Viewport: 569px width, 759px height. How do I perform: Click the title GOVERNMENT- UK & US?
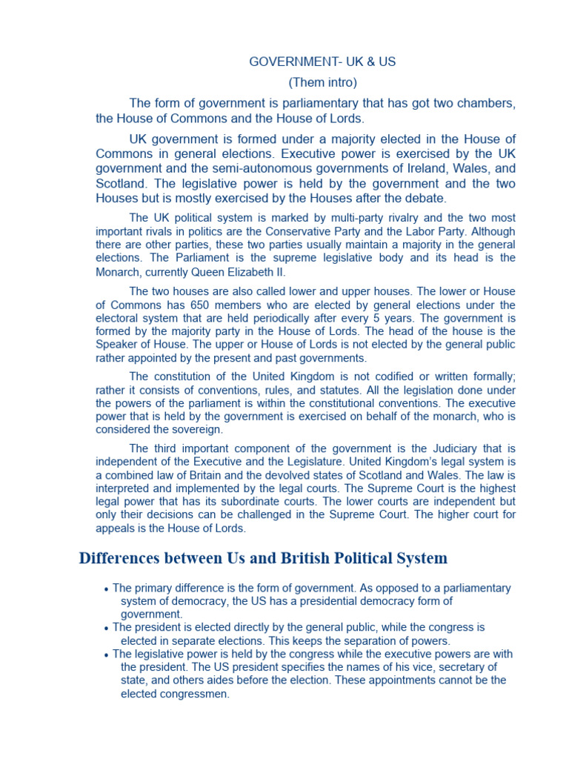point(322,62)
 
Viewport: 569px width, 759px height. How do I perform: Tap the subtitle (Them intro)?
point(322,82)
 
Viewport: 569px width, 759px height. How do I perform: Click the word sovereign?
point(195,430)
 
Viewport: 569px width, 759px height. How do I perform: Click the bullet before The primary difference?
point(107,589)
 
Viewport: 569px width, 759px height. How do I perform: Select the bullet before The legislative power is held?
point(107,655)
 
